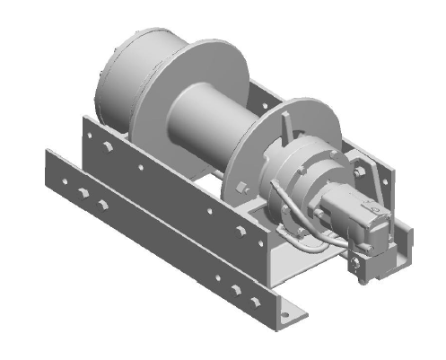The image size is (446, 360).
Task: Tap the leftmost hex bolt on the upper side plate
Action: (105, 144)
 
